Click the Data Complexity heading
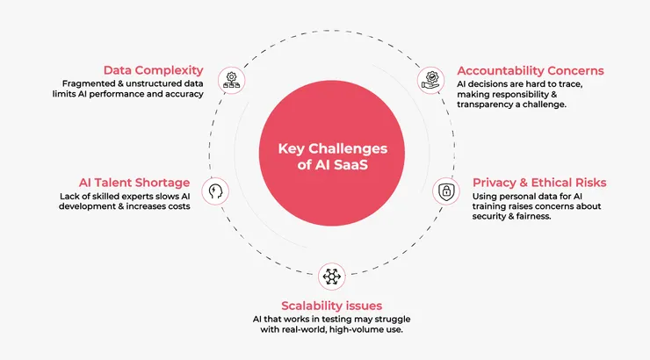click(153, 70)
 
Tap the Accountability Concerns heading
click(530, 70)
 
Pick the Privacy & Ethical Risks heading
click(539, 183)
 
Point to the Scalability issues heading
click(330, 305)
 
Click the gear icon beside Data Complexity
click(232, 79)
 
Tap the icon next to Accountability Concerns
click(430, 80)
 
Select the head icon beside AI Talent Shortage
click(216, 190)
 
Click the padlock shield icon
click(446, 191)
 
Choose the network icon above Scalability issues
click(331, 276)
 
